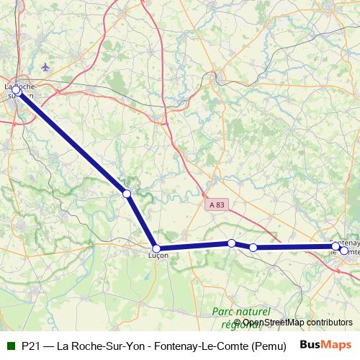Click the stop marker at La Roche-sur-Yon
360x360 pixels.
(x=16, y=90)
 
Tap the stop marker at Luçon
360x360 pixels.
(x=156, y=248)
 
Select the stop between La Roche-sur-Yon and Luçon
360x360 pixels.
(x=127, y=194)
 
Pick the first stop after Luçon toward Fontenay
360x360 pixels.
(x=231, y=243)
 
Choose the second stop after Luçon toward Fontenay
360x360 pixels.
(x=253, y=248)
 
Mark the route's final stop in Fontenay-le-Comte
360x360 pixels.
(x=344, y=251)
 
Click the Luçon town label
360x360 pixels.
(x=158, y=256)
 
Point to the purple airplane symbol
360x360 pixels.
(x=47, y=67)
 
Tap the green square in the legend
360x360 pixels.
(x=10, y=345)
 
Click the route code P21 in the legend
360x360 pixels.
(x=30, y=345)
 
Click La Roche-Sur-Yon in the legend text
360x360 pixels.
(x=107, y=345)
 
